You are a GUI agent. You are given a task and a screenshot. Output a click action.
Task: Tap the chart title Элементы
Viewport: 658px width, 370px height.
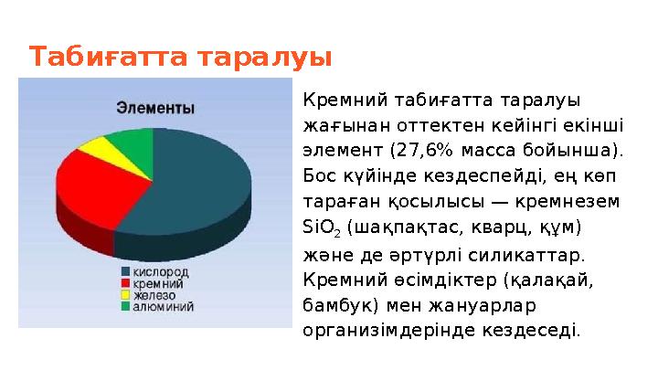click(x=154, y=108)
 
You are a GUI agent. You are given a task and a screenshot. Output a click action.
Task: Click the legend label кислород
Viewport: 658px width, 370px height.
click(x=163, y=272)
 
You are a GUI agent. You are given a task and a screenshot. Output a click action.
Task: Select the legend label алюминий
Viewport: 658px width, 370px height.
click(x=164, y=308)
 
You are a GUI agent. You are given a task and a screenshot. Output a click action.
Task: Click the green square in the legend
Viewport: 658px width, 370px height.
click(x=125, y=308)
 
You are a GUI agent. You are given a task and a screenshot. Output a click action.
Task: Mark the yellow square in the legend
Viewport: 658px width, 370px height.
click(x=125, y=296)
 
